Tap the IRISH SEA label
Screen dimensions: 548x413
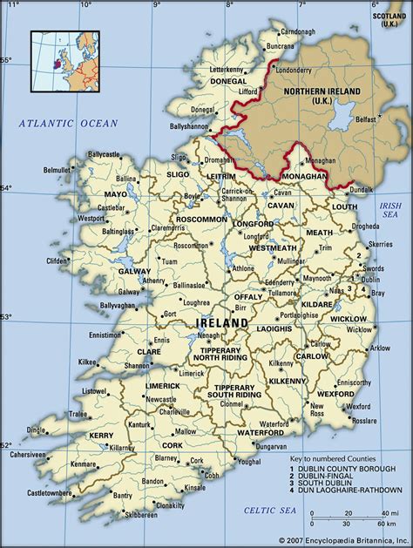click(389, 209)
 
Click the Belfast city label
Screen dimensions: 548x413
click(365, 119)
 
